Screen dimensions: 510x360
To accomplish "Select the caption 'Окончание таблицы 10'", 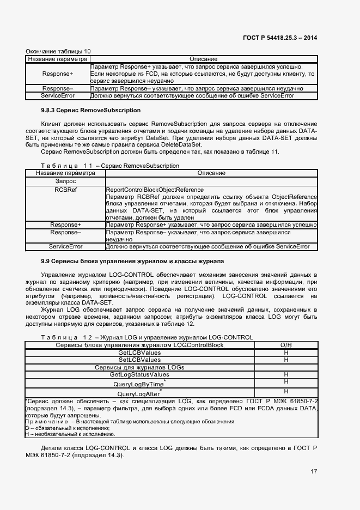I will click(58, 51).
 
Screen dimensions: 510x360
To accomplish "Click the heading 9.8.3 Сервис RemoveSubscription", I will click(83, 110).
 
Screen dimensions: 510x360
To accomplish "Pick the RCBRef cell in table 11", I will click(65, 190).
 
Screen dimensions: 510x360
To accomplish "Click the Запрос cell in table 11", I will click(65, 180).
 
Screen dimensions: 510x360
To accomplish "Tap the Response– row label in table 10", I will click(57, 88).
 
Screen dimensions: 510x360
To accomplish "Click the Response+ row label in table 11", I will click(65, 224).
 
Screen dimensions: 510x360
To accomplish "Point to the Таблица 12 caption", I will click(147, 337).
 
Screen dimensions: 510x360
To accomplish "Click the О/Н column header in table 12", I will click(285, 345).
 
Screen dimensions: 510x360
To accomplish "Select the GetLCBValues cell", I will click(139, 353).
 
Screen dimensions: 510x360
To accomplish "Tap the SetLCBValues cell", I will click(139, 360).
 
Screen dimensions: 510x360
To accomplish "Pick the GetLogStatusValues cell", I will click(139, 375).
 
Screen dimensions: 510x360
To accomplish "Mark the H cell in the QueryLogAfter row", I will click(285, 392).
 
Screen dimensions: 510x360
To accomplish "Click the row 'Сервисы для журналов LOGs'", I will click(139, 367).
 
